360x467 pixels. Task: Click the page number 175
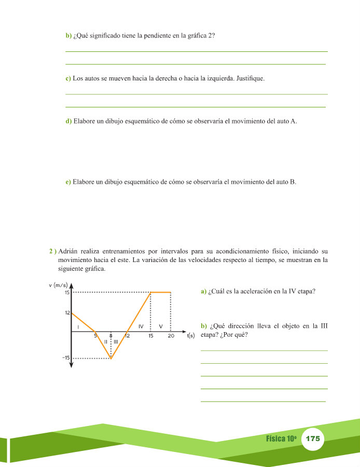313,438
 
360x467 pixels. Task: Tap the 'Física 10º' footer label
281,438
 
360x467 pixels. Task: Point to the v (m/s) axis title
59,284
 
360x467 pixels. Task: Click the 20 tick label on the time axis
171,336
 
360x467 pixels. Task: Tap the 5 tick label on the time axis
95,336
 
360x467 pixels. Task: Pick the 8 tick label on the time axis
111,336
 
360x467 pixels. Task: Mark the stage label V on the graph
161,326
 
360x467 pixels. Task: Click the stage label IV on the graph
141,326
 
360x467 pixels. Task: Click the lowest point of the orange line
111,358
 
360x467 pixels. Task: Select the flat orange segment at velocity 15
161,292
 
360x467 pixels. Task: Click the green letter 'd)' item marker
68,121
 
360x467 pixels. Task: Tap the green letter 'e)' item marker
68,182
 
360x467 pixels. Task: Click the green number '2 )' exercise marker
52,252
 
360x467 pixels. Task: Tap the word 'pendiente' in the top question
148,36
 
